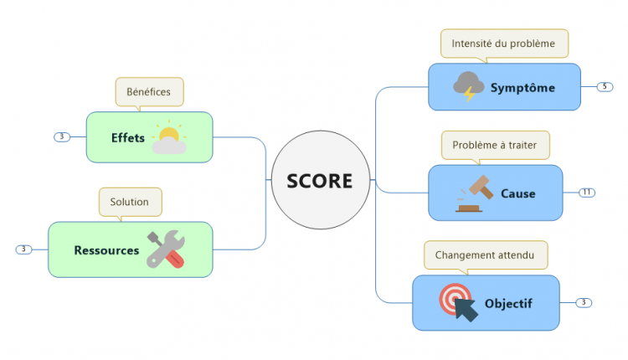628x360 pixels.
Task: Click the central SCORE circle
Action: (319, 181)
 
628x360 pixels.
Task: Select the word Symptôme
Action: (522, 87)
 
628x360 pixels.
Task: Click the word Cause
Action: (517, 193)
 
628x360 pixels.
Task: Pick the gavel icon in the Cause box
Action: (472, 193)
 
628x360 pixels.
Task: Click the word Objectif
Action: (508, 303)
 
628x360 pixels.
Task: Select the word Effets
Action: (128, 137)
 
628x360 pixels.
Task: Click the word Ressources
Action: (106, 249)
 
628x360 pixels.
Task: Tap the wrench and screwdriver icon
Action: (166, 249)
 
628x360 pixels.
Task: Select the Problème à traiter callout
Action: (501, 145)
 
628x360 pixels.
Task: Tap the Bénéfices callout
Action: (149, 90)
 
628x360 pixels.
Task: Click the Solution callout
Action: (130, 201)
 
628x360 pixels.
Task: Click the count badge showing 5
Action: (605, 86)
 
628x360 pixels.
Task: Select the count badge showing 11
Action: (587, 193)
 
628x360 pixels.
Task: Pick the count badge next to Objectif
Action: (584, 302)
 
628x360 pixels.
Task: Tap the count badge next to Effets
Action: (61, 136)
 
